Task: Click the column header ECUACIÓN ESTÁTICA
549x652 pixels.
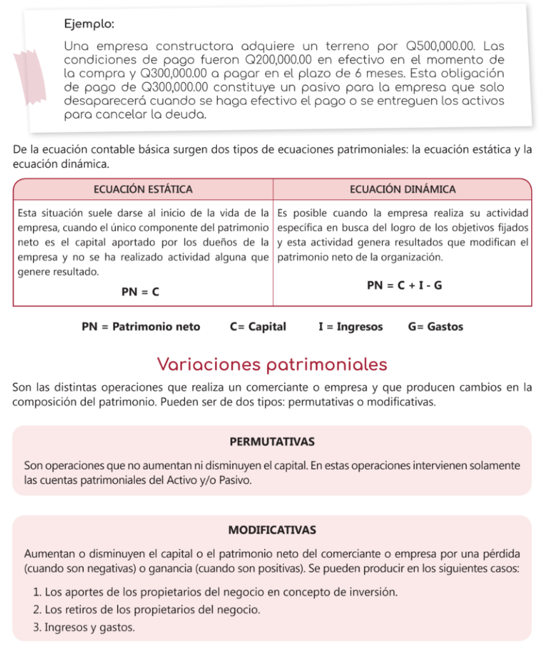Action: tap(143, 189)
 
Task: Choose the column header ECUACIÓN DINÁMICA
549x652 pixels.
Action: tap(403, 189)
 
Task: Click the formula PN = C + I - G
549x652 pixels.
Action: tap(404, 286)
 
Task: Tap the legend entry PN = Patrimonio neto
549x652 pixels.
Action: tap(141, 327)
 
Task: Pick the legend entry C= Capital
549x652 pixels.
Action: tap(258, 327)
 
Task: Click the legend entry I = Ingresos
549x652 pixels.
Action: tap(351, 327)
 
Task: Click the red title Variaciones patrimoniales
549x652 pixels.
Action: tap(272, 364)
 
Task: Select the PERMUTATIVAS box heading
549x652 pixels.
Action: tap(272, 441)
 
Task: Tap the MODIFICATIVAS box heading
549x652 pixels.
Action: tap(272, 530)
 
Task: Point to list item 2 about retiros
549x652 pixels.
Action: tap(146, 609)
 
